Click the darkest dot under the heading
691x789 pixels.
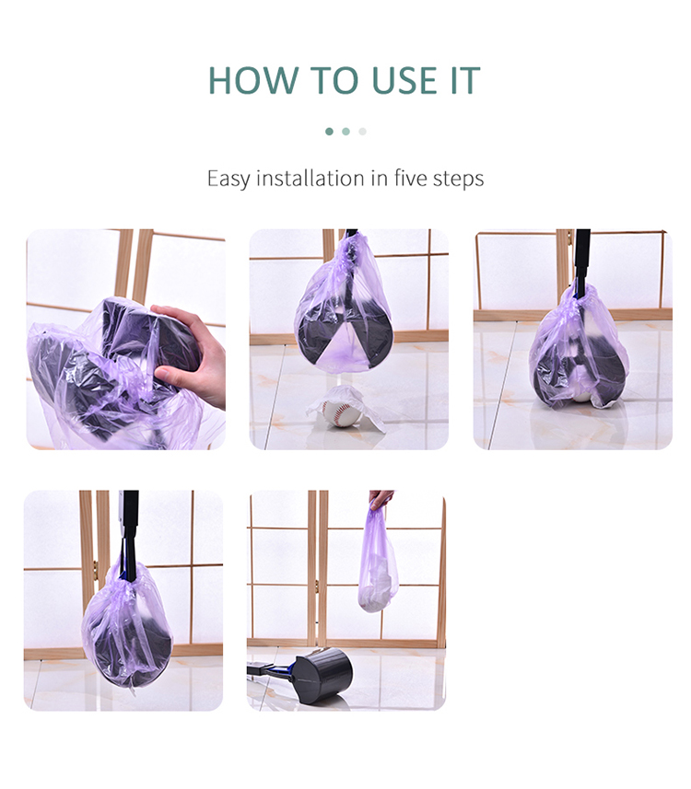pos(329,132)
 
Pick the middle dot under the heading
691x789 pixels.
pos(345,132)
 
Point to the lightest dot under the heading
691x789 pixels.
pos(362,132)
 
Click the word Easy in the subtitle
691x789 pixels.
pos(228,179)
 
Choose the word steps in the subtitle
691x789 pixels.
pos(459,179)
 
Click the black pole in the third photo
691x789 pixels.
pos(581,258)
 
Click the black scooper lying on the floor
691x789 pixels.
pos(319,676)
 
